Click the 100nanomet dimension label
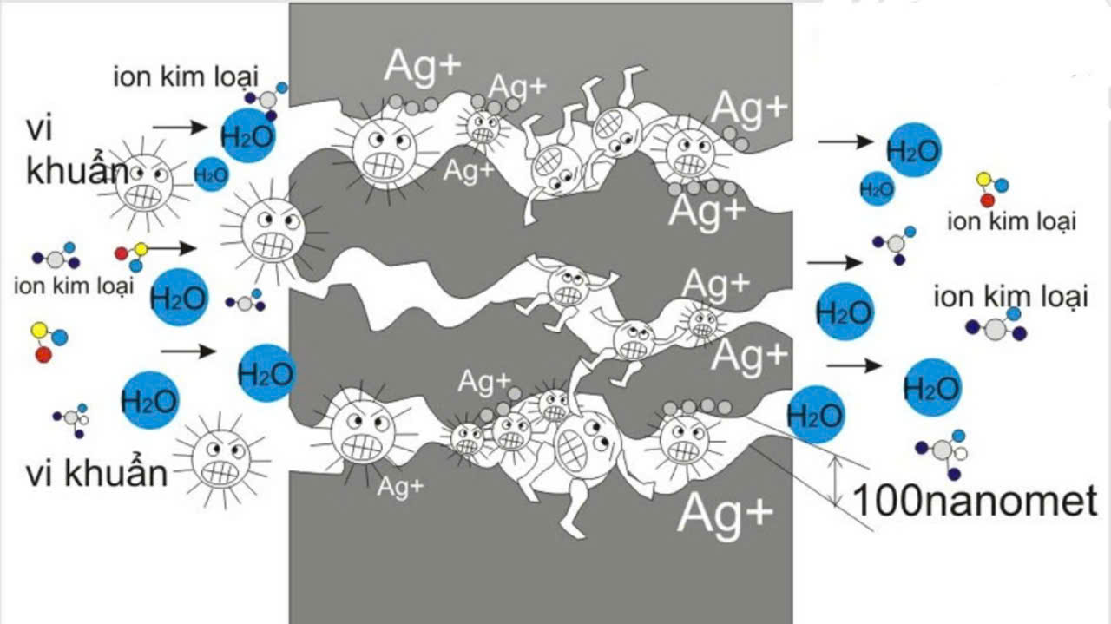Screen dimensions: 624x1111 [975, 502]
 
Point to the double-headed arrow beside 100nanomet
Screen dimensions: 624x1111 [834, 481]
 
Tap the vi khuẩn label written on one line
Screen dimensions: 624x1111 [96, 474]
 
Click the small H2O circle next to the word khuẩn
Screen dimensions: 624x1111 [211, 175]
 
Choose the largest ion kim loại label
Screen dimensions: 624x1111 [1010, 298]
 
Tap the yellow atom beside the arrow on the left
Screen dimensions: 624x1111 [141, 250]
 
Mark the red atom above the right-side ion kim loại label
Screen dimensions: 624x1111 [987, 200]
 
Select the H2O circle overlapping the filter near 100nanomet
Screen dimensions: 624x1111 [815, 416]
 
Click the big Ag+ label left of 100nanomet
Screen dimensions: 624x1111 [724, 512]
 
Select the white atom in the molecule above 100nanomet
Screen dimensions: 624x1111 [960, 453]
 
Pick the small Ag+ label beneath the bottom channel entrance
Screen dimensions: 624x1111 [400, 486]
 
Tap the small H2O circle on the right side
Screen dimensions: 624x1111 [877, 188]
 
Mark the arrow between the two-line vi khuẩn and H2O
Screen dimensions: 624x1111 [185, 127]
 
